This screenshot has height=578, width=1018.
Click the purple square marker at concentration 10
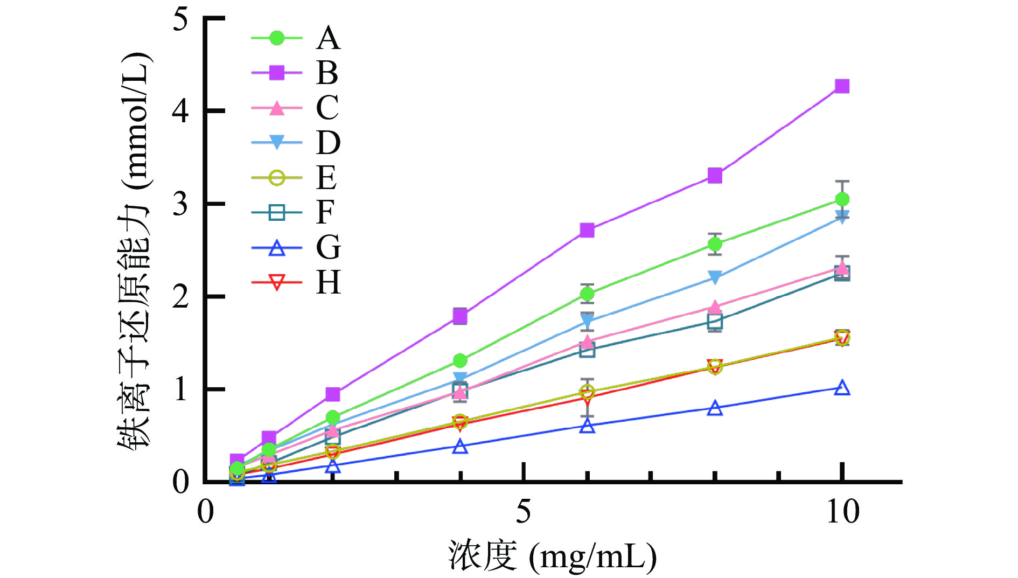click(x=842, y=86)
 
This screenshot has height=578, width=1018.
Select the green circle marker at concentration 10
click(x=842, y=199)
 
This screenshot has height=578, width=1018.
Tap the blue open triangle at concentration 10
click(x=842, y=388)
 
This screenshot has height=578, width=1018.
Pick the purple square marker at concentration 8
click(x=715, y=176)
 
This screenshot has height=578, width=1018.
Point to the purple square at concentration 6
click(x=587, y=231)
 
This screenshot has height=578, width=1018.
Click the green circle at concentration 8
click(x=715, y=244)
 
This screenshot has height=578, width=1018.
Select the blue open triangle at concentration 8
click(x=715, y=408)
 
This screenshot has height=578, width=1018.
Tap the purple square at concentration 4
click(x=460, y=316)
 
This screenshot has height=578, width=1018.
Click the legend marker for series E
click(x=277, y=177)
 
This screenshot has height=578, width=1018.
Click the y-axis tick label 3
click(x=180, y=204)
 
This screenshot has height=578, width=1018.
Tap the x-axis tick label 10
click(x=842, y=511)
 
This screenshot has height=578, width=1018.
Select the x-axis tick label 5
click(x=524, y=511)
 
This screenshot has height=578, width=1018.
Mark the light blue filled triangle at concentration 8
click(x=715, y=277)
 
